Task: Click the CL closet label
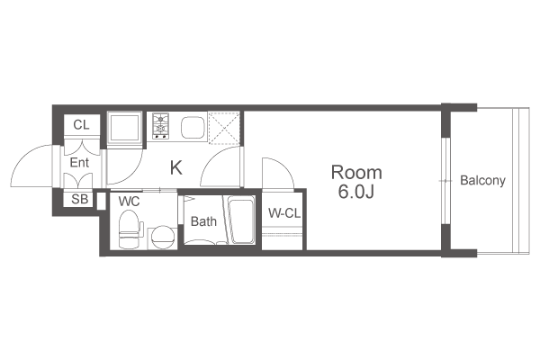81,125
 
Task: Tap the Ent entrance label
79,162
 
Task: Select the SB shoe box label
79,199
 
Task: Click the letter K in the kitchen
176,168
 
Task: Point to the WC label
129,202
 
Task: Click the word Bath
203,221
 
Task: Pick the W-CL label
284,213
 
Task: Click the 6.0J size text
356,193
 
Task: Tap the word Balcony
482,180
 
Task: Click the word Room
356,172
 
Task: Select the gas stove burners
161,126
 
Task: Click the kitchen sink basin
193,128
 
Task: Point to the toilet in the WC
130,229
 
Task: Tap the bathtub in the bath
241,220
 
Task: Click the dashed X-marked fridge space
224,127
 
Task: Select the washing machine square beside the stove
124,128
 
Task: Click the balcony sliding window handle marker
445,181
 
